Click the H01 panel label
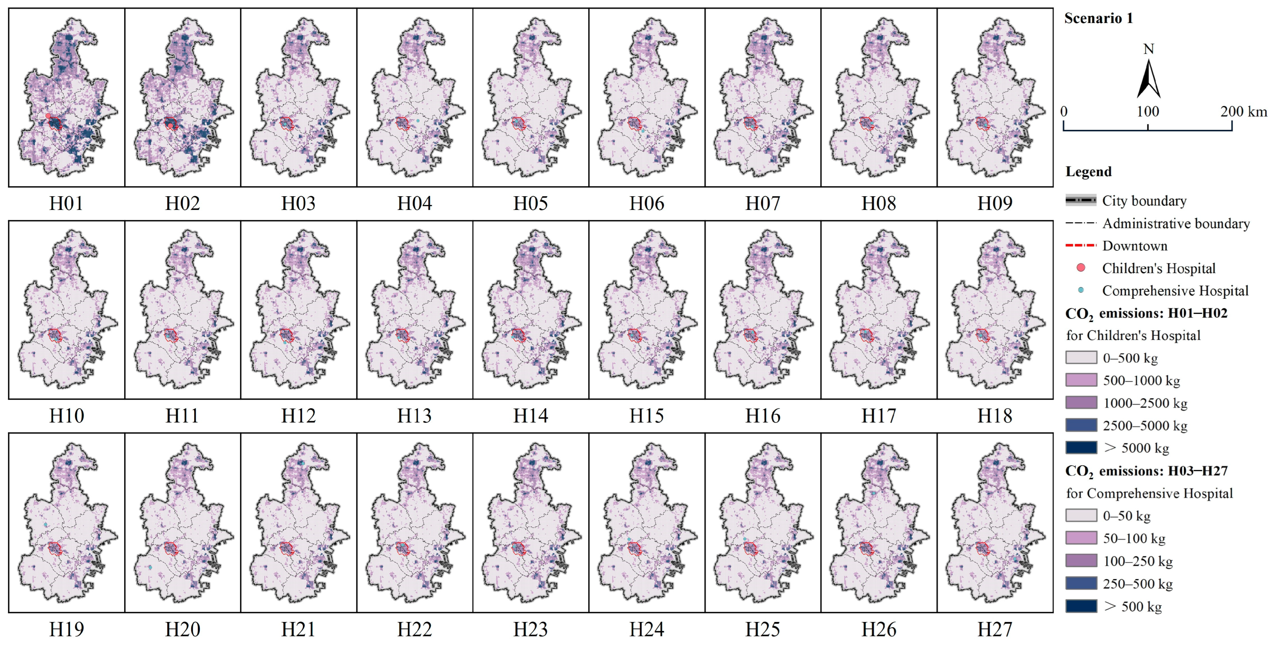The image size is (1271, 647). pos(66,203)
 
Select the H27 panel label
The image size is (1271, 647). pos(995,629)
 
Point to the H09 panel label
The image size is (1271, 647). pos(995,203)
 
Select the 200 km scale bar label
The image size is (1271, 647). pos(1243,112)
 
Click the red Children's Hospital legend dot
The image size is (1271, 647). pos(1081,268)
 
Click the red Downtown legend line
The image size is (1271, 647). pos(1081,245)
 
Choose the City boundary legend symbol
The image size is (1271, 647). pos(1081,200)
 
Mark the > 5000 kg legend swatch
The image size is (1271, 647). pos(1081,448)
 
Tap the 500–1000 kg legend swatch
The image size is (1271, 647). pos(1081,380)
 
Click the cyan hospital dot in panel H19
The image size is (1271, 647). pos(45,524)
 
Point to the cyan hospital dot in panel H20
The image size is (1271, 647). pos(150,568)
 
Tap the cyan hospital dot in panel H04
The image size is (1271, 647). pos(418,121)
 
